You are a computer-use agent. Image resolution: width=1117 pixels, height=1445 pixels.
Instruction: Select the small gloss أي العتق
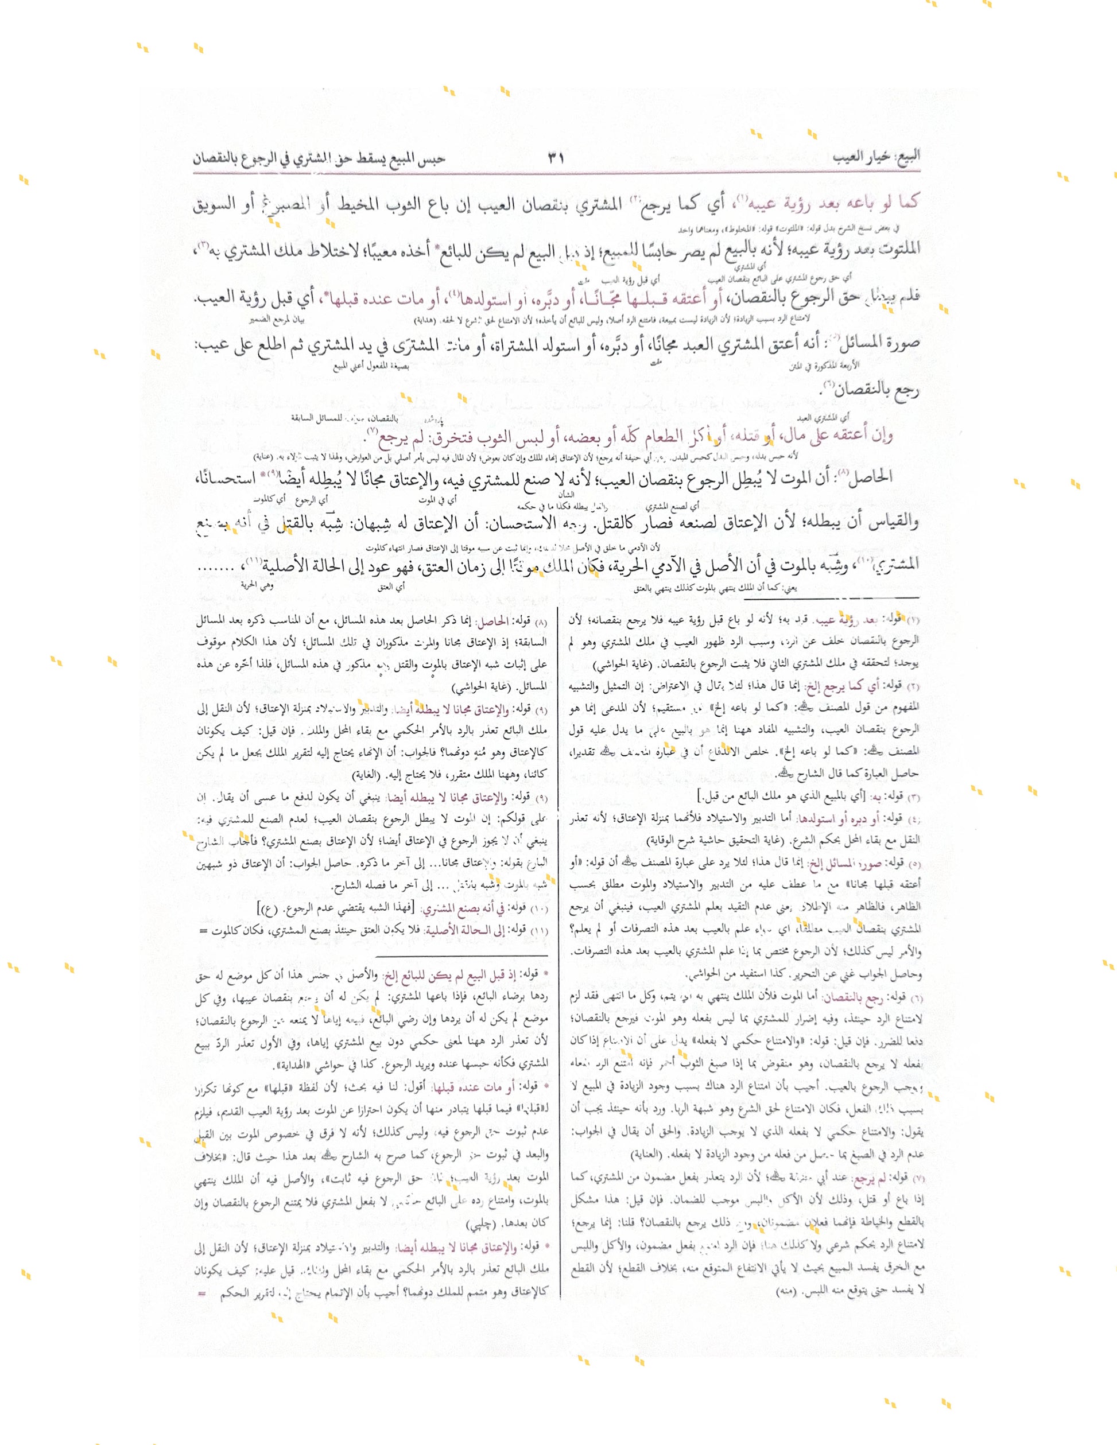(x=393, y=586)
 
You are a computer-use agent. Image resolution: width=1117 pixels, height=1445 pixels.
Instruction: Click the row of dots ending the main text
(x=216, y=567)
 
